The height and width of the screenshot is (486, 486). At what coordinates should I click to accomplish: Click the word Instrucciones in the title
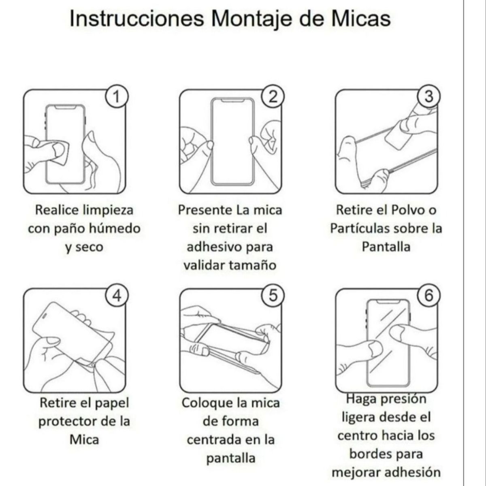(136, 19)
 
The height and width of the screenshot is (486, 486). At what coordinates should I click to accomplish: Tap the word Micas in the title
(361, 19)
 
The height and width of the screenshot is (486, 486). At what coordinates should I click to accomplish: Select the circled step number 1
(117, 97)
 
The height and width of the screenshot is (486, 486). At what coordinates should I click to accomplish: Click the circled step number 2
(273, 97)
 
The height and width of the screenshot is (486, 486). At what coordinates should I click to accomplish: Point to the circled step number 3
(428, 97)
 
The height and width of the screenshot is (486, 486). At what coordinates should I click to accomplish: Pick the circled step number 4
(117, 296)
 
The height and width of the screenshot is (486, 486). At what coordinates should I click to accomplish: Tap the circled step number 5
(273, 296)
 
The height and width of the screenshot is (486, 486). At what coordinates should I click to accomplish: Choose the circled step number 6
(428, 296)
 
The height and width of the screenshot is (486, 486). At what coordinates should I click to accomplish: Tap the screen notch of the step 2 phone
(232, 100)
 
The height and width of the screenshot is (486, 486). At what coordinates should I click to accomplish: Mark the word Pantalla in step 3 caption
(386, 247)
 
